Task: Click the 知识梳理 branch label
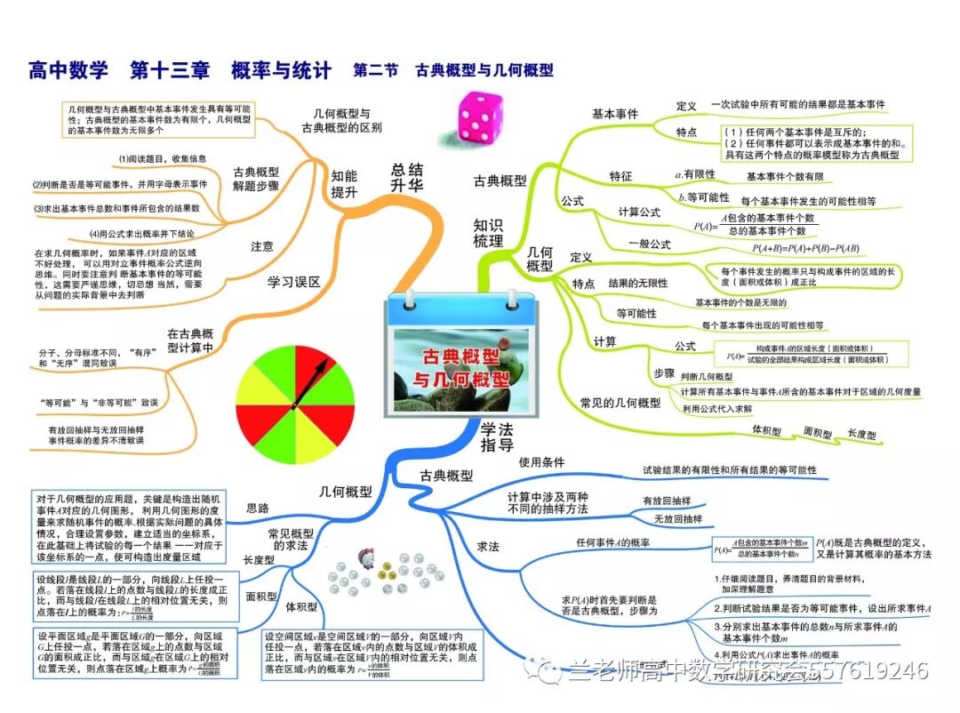[488, 232]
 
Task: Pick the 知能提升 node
[344, 183]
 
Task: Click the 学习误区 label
[294, 282]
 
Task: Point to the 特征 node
[620, 176]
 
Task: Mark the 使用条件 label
[541, 462]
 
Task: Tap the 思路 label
[257, 509]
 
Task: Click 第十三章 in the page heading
[168, 70]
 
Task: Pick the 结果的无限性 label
[637, 283]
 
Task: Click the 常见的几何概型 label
[620, 403]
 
